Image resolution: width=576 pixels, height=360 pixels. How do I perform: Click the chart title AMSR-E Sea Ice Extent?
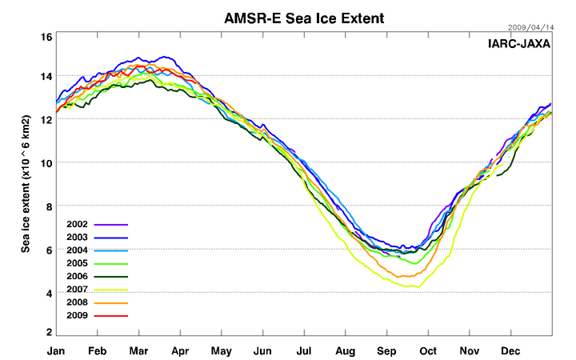click(x=304, y=17)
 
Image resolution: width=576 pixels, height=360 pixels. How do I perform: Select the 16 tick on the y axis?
click(x=46, y=37)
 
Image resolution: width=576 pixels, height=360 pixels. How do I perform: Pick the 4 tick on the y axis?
click(x=49, y=294)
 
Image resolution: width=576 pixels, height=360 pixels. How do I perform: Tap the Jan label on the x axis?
click(x=56, y=351)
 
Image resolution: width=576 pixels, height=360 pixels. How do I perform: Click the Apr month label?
click(x=180, y=351)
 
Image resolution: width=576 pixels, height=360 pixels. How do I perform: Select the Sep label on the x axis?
click(x=387, y=351)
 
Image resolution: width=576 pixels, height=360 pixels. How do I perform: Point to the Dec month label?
click(x=510, y=351)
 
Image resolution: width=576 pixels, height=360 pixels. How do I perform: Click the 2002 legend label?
click(x=78, y=225)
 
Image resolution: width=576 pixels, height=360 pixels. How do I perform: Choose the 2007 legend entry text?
click(x=78, y=290)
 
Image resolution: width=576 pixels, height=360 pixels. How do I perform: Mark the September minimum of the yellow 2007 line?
click(x=414, y=286)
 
